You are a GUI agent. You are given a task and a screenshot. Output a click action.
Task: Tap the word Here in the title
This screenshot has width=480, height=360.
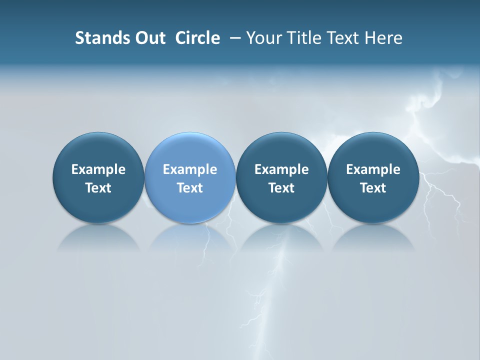384,38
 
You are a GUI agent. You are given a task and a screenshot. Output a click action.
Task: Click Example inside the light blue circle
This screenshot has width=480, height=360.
190,169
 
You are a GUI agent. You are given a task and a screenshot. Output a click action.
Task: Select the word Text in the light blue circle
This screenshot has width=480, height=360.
190,188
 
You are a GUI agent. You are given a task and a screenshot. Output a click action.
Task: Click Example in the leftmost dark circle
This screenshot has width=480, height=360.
98,169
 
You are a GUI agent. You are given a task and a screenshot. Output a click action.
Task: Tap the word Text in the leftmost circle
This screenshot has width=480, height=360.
98,188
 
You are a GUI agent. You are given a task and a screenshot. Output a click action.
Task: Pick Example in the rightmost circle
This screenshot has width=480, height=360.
373,169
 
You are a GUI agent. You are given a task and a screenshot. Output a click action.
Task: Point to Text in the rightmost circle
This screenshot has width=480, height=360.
373,188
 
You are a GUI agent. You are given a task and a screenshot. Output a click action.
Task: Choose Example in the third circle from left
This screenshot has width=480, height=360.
281,169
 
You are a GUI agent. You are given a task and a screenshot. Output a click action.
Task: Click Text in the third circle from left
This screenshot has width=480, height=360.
281,188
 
